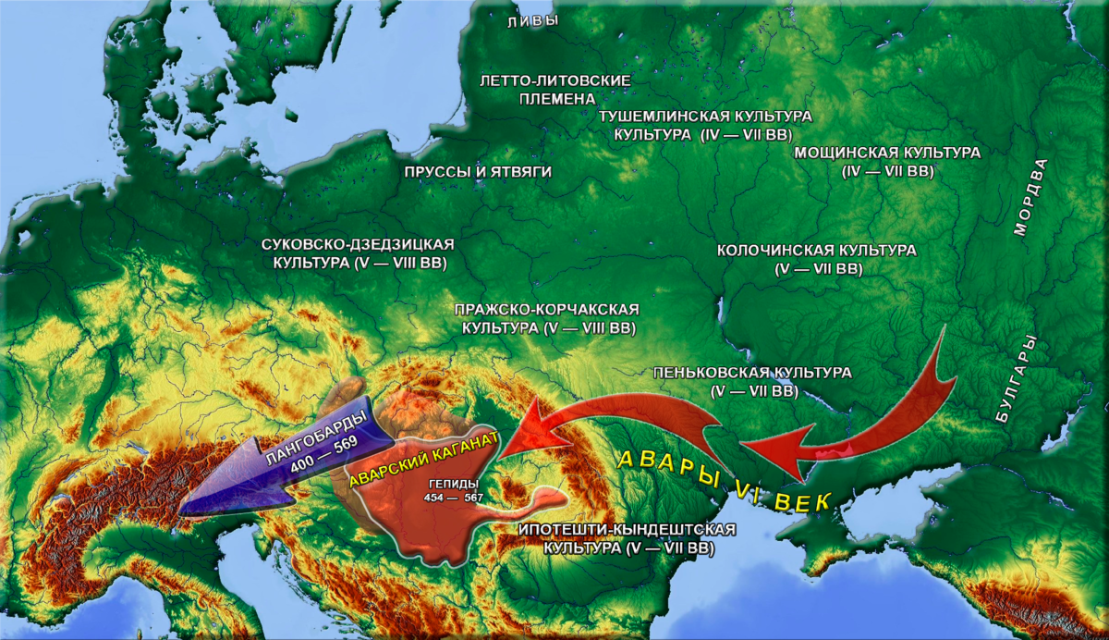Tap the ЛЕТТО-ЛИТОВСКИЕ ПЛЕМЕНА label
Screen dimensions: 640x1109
coord(555,90)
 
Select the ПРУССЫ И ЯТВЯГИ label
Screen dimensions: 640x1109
coord(478,172)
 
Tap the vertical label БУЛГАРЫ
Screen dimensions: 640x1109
coord(1018,380)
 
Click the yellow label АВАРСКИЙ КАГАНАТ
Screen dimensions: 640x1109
coord(424,460)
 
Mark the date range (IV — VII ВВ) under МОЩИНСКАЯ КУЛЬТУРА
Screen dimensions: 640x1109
coord(887,172)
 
